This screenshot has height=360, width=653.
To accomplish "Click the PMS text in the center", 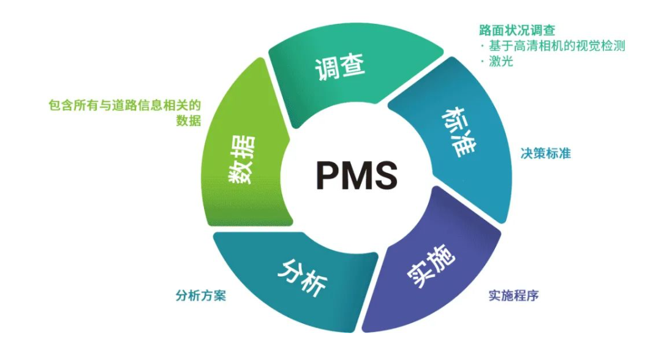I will click(x=357, y=175).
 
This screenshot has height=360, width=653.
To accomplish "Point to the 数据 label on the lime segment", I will click(x=241, y=160).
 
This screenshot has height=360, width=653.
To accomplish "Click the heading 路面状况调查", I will click(x=517, y=30).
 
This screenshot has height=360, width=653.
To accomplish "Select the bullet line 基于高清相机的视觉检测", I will click(x=556, y=46).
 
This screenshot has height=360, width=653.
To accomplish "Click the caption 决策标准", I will click(x=545, y=153).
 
